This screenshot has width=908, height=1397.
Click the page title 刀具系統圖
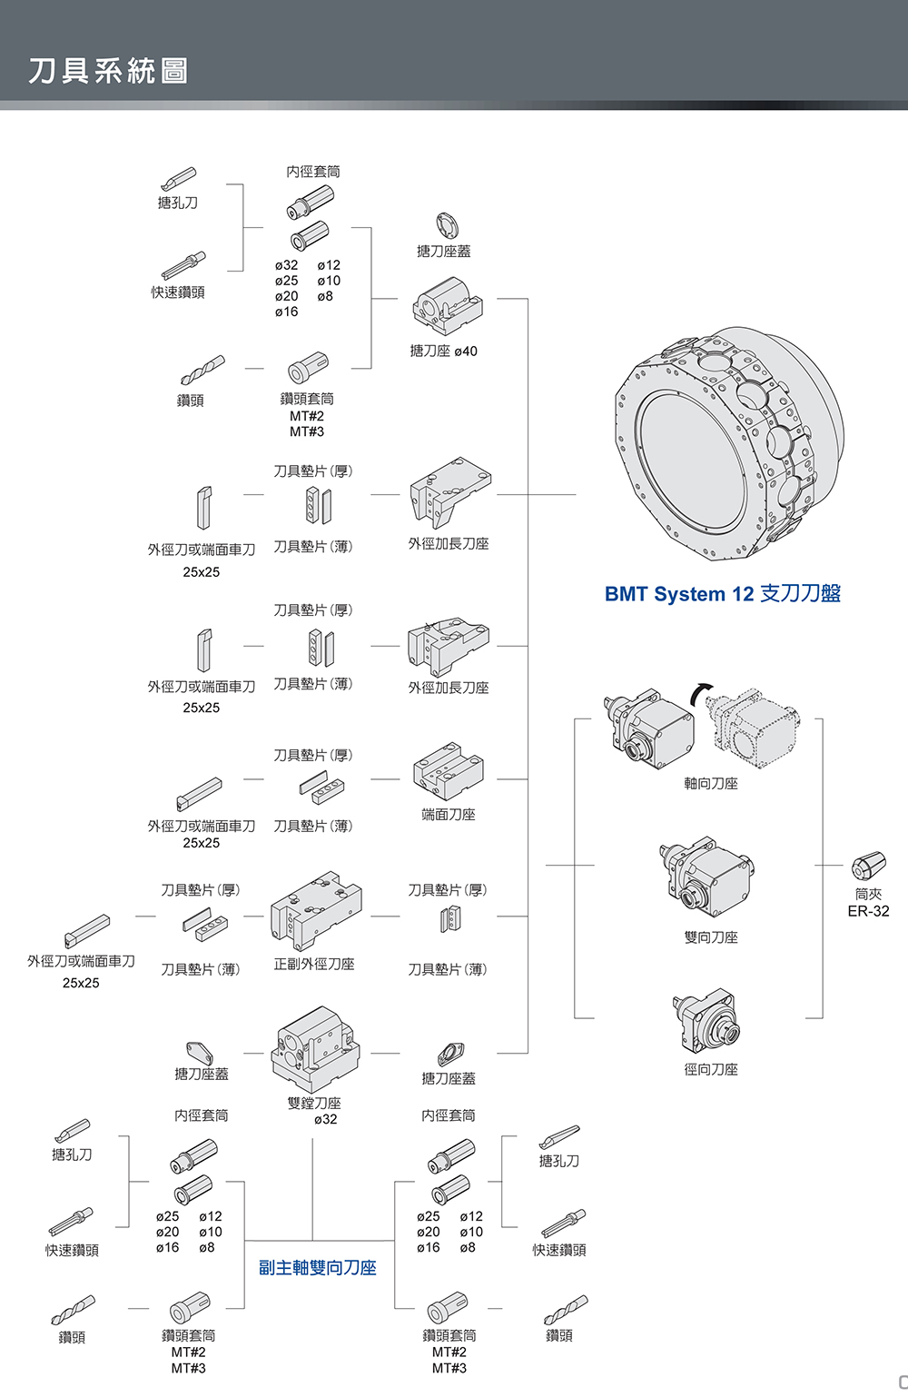(x=108, y=71)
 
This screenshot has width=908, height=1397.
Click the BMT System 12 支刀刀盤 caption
(x=722, y=594)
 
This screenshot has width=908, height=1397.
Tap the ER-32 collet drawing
(x=868, y=866)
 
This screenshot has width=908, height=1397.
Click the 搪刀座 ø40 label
(x=443, y=352)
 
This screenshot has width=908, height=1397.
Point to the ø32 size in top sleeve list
(x=286, y=265)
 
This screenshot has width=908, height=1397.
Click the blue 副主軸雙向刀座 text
(x=317, y=1267)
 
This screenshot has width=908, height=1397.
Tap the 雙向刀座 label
(x=710, y=937)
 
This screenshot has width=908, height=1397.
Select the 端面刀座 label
(x=448, y=815)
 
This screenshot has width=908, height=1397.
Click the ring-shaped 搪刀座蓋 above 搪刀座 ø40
(x=447, y=225)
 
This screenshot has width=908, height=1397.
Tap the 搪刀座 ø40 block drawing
(x=447, y=305)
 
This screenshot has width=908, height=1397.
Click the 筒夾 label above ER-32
(x=868, y=894)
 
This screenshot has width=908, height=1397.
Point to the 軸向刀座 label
(x=710, y=783)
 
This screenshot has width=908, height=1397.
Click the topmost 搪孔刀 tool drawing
(x=178, y=177)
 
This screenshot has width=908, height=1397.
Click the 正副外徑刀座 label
(x=314, y=965)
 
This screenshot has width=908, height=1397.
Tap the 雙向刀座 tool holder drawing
(x=707, y=877)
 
